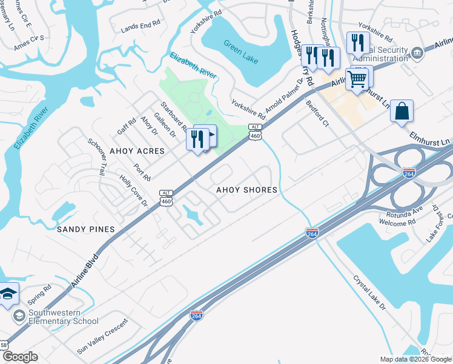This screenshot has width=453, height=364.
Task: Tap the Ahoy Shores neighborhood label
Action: click(247, 190)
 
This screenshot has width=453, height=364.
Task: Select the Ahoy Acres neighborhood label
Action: click(137, 150)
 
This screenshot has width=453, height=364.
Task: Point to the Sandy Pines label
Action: click(85, 229)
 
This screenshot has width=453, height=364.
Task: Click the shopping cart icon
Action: click(357, 78)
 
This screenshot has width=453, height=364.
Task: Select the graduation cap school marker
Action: click(7, 295)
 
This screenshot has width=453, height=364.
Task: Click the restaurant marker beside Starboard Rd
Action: click(197, 140)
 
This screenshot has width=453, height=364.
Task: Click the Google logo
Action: click(20, 357)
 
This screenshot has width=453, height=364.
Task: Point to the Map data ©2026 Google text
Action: click(415, 359)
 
